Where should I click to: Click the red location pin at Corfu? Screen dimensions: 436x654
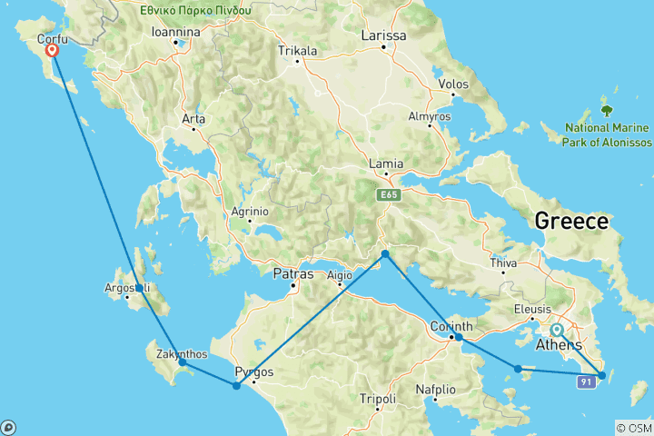point(53,51)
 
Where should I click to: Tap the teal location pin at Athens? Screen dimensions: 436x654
point(556,331)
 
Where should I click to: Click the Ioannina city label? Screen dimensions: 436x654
point(175,32)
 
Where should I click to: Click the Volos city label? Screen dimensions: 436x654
point(452,84)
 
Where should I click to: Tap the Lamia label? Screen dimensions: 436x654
point(386,163)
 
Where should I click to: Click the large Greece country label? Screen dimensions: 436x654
point(571,221)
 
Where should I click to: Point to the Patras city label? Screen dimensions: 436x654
point(292,273)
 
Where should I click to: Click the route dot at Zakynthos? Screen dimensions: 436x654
point(183,362)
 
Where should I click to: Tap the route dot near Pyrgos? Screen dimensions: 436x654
point(237,386)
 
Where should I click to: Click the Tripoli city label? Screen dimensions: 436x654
point(377,399)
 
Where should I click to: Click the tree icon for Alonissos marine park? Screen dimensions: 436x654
point(607,112)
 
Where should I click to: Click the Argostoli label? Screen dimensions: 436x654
point(127,289)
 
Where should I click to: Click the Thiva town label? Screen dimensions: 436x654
point(503,263)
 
